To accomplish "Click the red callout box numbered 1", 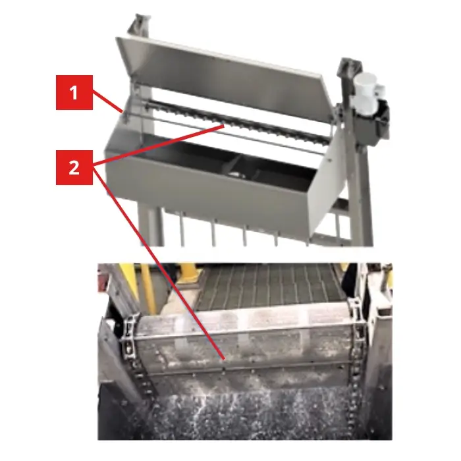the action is [x=74, y=93].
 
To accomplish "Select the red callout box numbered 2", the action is [x=74, y=167].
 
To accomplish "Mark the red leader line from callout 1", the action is [x=107, y=102].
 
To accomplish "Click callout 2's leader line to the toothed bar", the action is [x=159, y=144].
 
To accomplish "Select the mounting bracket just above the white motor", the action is [x=350, y=67].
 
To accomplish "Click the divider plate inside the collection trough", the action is [x=233, y=165].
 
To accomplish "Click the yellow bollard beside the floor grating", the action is [x=188, y=272].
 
